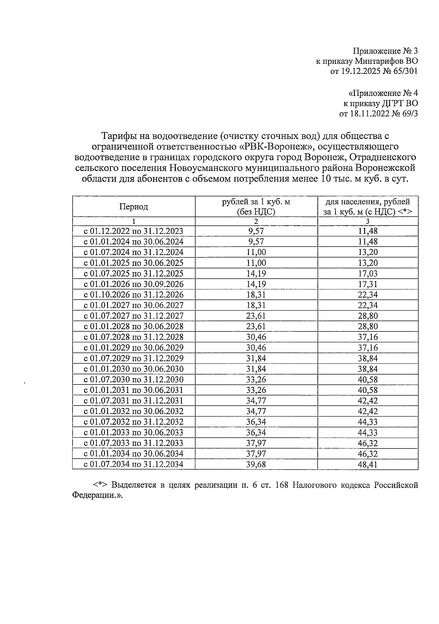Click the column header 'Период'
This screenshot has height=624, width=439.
[134, 207]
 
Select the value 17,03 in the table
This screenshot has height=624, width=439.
[368, 274]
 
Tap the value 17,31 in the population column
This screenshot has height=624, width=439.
[368, 284]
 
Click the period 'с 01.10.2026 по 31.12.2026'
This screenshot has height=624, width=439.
[134, 295]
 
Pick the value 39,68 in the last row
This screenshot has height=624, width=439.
[256, 464]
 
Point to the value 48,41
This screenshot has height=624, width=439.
[368, 464]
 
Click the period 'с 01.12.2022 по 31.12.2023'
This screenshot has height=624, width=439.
[134, 231]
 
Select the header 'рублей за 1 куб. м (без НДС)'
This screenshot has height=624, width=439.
[256, 207]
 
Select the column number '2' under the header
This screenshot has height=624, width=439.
[256, 221]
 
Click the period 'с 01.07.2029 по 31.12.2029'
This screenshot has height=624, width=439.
[134, 358]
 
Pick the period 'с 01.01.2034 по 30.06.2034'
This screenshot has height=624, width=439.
[134, 454]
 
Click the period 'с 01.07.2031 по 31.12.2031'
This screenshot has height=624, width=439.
[134, 401]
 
